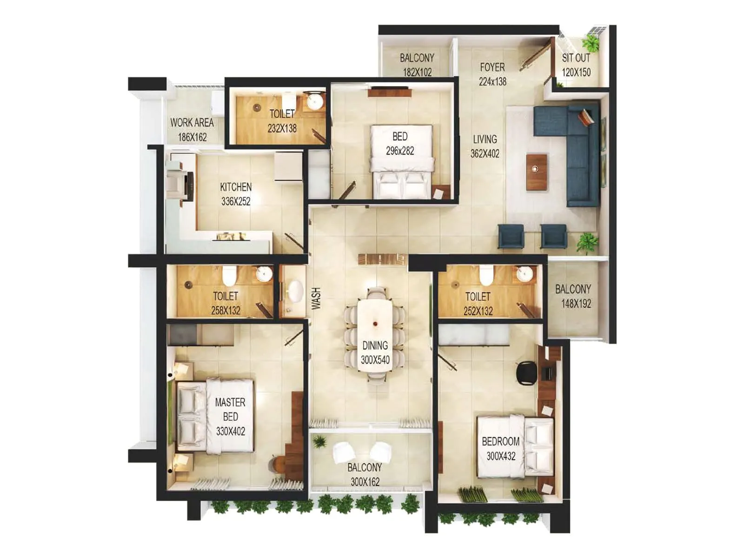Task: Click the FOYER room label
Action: pos(492,67)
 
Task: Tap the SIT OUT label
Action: pos(576,58)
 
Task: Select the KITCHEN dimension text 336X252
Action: pos(236,201)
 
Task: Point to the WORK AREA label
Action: pos(192,123)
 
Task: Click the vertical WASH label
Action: pos(316,298)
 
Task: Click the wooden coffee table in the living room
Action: pos(536,171)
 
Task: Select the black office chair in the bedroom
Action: pos(526,371)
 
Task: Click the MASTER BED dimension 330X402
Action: pos(230,431)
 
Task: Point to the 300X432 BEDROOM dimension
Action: pos(501,456)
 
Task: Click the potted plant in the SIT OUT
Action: pos(591,44)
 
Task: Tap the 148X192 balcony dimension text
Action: pos(576,304)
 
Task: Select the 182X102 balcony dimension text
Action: pos(417,72)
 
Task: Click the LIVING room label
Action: pos(485,139)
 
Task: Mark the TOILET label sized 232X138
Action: pos(282,113)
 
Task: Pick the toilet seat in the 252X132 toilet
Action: pos(486,275)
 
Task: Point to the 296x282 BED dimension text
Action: pos(399,151)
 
